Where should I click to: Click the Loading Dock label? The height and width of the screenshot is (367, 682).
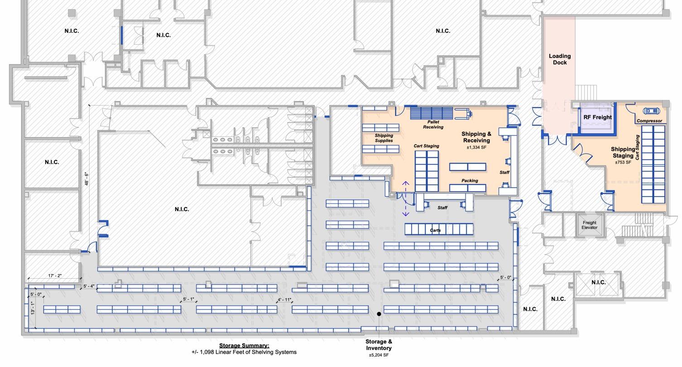pyautogui.click(x=560, y=59)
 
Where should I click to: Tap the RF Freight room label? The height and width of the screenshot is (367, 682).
pyautogui.click(x=597, y=117)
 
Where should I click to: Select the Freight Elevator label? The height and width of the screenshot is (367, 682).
pyautogui.click(x=589, y=225)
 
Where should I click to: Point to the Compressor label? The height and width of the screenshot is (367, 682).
pyautogui.click(x=649, y=121)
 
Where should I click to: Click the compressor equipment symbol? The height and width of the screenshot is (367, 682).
pyautogui.click(x=651, y=111)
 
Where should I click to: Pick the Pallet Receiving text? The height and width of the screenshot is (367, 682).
pyautogui.click(x=433, y=125)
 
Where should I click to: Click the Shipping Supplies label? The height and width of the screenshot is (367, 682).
pyautogui.click(x=384, y=138)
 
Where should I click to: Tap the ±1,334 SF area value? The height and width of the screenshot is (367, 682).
pyautogui.click(x=476, y=148)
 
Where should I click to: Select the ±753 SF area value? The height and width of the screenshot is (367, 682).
pyautogui.click(x=623, y=162)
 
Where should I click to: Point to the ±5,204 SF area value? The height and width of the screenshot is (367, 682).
pyautogui.click(x=379, y=355)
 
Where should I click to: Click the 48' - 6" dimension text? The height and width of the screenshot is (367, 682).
pyautogui.click(x=86, y=179)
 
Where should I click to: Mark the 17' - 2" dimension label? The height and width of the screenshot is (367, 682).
pyautogui.click(x=55, y=275)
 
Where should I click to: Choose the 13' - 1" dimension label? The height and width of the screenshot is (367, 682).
pyautogui.click(x=32, y=308)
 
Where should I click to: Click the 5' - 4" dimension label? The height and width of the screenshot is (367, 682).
pyautogui.click(x=89, y=286)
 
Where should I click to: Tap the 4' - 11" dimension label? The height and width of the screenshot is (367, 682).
pyautogui.click(x=284, y=299)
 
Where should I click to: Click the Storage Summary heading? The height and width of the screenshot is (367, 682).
pyautogui.click(x=244, y=345)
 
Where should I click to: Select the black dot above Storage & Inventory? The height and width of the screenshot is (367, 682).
pyautogui.click(x=379, y=314)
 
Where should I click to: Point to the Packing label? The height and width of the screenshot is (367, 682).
pyautogui.click(x=470, y=181)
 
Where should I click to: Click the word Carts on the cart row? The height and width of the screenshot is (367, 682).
pyautogui.click(x=435, y=230)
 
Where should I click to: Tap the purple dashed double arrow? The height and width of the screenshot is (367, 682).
pyautogui.click(x=405, y=199)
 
